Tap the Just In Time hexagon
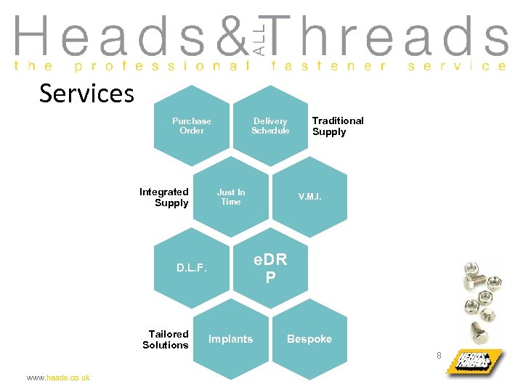click(x=231, y=197)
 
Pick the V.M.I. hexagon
click(x=310, y=197)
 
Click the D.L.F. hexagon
click(x=192, y=268)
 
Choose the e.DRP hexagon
click(x=270, y=268)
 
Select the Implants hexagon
click(x=231, y=339)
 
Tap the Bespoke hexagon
click(x=309, y=339)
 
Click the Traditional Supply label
click(x=338, y=126)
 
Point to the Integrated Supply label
click(x=164, y=197)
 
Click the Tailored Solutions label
click(x=166, y=340)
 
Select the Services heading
click(x=86, y=94)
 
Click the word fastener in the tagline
click(x=328, y=65)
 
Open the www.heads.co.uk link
click(x=58, y=378)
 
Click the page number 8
click(x=439, y=355)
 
